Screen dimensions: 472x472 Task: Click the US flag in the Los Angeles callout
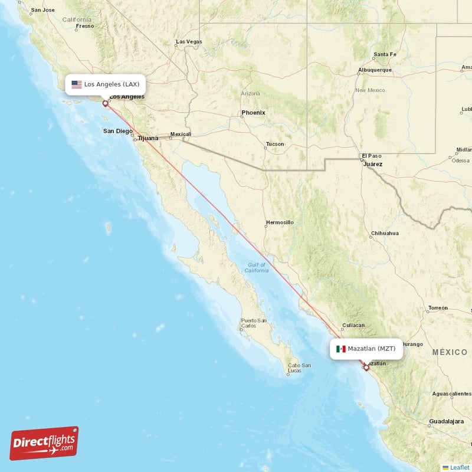point(77,84)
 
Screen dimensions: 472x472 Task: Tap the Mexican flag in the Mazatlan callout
point(341,349)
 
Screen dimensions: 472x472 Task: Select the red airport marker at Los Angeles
point(106,104)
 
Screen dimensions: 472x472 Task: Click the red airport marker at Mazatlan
point(366,368)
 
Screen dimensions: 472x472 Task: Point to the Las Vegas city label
point(189,42)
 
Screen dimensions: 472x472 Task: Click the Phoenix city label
point(253,113)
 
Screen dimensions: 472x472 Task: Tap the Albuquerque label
point(375,70)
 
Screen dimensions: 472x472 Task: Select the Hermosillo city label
point(280,222)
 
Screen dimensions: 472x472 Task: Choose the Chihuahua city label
point(385,233)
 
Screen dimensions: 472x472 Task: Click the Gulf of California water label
point(257,267)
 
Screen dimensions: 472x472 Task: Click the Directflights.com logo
point(44,444)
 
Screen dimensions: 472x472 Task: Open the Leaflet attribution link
point(459,467)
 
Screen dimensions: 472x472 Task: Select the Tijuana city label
point(147,139)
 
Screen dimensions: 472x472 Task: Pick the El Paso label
point(372,156)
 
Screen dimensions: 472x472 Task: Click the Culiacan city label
point(354,325)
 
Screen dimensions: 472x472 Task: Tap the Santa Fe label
point(385,55)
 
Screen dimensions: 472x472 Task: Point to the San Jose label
point(42,10)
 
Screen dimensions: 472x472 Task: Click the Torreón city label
point(438,308)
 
